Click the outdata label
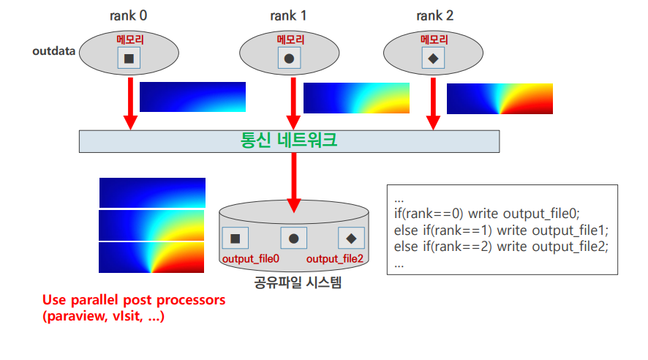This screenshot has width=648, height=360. (55, 52)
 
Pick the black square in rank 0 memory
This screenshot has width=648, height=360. (129, 59)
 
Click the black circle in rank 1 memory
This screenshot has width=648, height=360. (289, 59)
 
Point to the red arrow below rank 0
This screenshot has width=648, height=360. (130, 102)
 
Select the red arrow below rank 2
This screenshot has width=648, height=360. (434, 102)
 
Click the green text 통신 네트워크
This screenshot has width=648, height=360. (290, 140)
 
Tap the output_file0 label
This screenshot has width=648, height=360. (250, 259)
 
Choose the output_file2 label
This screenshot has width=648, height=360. (335, 259)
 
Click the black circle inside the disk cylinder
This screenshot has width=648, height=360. (293, 238)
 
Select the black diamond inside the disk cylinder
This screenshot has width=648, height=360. (351, 238)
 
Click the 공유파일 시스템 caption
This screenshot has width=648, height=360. (293, 281)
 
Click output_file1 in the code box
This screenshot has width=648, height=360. (572, 229)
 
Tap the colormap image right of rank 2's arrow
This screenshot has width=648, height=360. (500, 99)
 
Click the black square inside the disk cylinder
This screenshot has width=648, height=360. (236, 238)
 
